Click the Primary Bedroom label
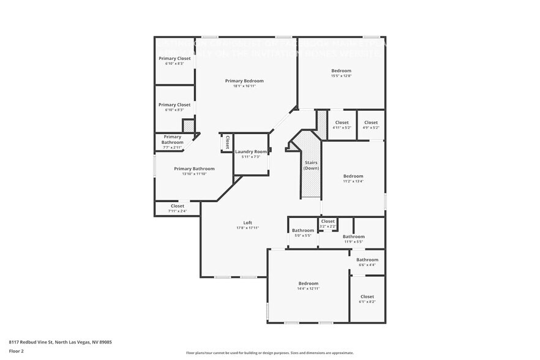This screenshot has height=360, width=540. click(x=244, y=81)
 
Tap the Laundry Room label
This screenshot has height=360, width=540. click(x=251, y=151)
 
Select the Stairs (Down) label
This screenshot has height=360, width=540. click(x=311, y=165)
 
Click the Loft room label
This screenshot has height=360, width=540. click(x=247, y=222)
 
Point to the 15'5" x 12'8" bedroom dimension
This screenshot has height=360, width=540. click(x=341, y=77)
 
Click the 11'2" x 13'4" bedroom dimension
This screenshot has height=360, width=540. click(x=353, y=181)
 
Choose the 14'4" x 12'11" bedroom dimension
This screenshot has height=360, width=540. click(x=309, y=288)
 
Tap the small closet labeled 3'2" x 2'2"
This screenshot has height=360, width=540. click(x=328, y=223)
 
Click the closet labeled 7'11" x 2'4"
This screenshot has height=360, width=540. click(x=178, y=208)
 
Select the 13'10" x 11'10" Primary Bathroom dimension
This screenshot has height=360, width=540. click(x=194, y=174)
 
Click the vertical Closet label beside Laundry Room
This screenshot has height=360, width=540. click(x=227, y=143)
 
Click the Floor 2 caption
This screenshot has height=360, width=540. click(x=16, y=351)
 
